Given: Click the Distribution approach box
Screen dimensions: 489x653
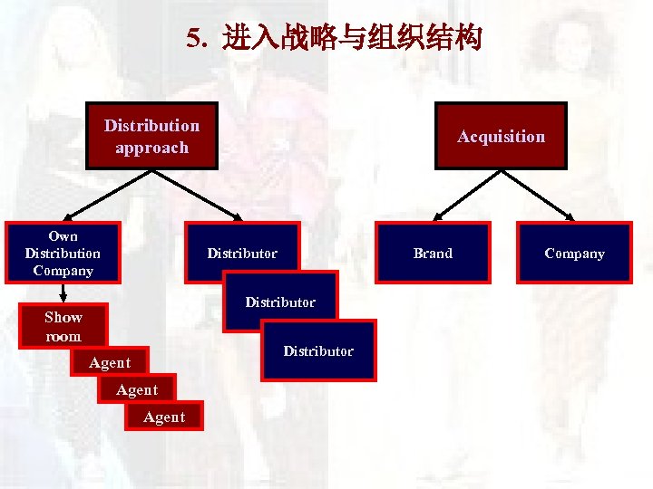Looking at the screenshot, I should click(151, 136).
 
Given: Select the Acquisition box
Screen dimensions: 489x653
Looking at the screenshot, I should click(501, 136).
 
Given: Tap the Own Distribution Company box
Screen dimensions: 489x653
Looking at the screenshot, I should click(63, 253).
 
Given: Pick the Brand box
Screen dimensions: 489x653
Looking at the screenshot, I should click(433, 253).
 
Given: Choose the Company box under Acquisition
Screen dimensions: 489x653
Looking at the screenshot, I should click(574, 253).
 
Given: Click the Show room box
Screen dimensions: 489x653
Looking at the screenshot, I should click(63, 326).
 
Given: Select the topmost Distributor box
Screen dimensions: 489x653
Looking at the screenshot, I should click(241, 253).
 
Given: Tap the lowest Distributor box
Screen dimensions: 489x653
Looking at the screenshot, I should click(318, 350).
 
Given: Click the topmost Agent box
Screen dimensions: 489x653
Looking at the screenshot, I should click(109, 362).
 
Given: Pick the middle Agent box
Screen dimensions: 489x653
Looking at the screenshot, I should click(136, 389).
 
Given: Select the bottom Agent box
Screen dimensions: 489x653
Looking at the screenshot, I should click(163, 417).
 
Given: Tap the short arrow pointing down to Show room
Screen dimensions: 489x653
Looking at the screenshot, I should click(63, 292).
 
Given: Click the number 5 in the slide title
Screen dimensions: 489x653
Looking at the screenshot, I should click(192, 39).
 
